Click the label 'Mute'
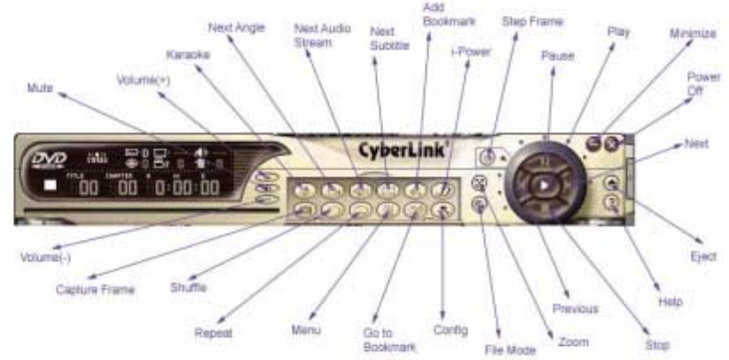click(40, 88)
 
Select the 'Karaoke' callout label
click(188, 55)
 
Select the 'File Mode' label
click(511, 349)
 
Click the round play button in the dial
click(546, 187)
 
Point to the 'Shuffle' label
click(188, 286)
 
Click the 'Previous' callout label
click(575, 309)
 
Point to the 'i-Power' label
click(470, 54)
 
